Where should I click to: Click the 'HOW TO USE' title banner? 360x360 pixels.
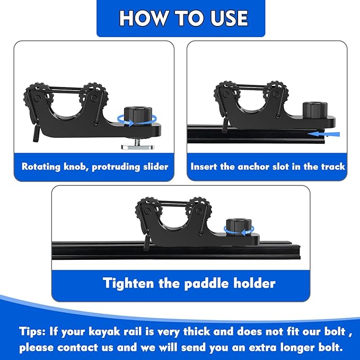pyautogui.click(x=180, y=19)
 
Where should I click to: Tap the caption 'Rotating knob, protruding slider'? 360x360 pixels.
pyautogui.click(x=95, y=166)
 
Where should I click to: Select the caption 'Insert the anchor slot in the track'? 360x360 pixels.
pyautogui.click(x=268, y=166)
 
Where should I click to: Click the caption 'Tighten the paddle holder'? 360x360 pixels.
pyautogui.click(x=189, y=283)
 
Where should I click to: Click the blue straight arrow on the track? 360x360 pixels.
pyautogui.click(x=323, y=135)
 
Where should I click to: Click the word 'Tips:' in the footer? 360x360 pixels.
pyautogui.click(x=33, y=332)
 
